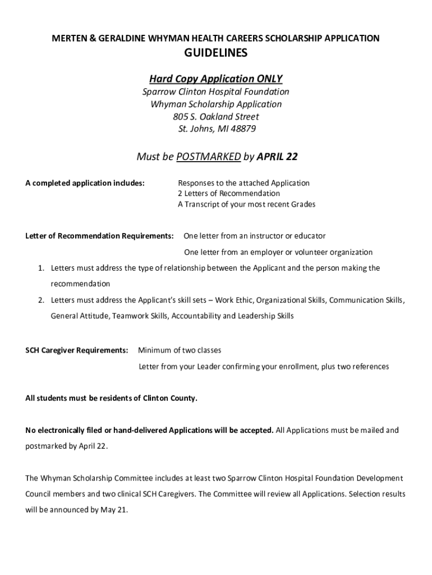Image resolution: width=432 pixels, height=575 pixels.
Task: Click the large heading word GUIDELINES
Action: tap(216, 54)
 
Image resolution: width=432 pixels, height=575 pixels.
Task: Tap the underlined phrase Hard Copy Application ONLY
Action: tap(216, 78)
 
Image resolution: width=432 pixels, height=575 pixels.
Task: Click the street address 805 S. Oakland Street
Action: tap(216, 117)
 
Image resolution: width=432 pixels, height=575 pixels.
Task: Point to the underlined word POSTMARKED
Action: tap(208, 157)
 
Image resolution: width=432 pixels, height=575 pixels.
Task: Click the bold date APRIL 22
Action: tap(277, 157)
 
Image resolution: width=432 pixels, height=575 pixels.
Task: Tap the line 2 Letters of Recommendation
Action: tap(229, 194)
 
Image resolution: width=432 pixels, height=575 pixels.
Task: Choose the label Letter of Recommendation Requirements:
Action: tap(99, 236)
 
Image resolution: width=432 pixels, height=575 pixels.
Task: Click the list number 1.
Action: tap(41, 268)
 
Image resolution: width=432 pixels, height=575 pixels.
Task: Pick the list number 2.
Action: tap(41, 300)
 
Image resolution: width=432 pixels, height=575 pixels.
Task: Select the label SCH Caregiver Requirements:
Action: tap(77, 350)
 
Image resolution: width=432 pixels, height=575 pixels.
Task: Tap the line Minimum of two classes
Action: tap(180, 350)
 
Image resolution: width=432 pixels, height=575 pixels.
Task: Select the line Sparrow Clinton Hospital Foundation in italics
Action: tap(216, 92)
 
